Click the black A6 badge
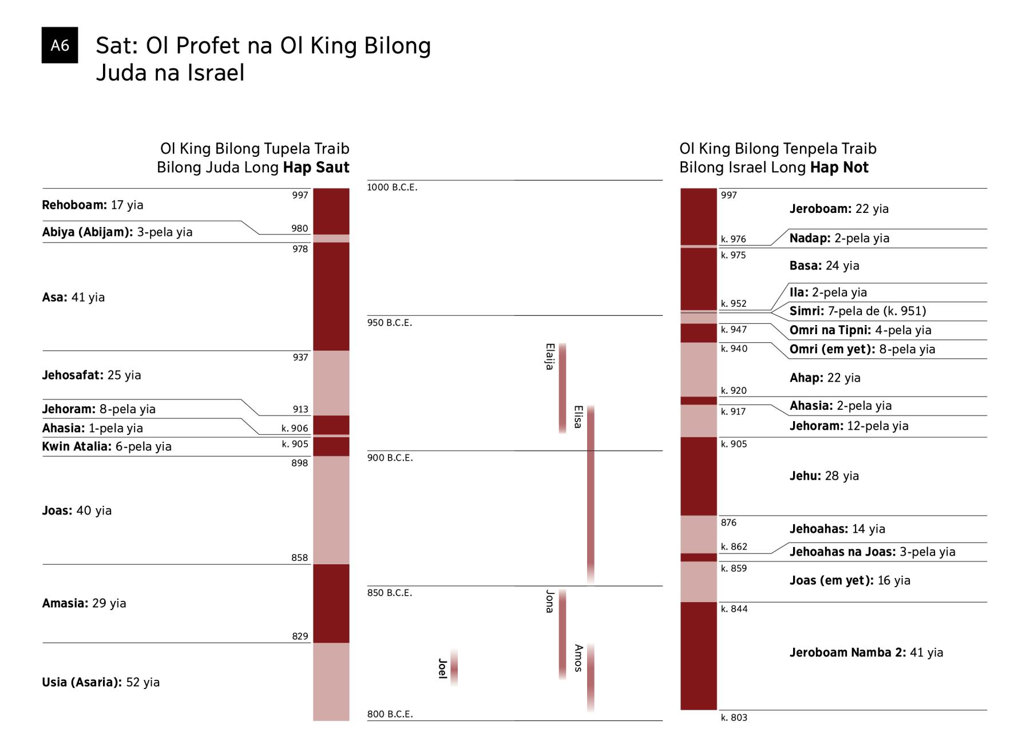[60, 45]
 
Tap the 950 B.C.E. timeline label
[389, 323]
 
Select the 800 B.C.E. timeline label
[389, 714]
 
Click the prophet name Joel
[442, 668]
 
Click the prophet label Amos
[578, 658]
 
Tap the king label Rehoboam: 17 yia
[93, 205]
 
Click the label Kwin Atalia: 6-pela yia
[106, 446]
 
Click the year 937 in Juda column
[300, 358]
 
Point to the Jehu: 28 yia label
[824, 476]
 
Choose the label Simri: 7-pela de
[857, 311]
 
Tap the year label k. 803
[734, 718]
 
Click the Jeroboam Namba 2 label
[866, 652]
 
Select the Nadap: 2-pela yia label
[839, 238]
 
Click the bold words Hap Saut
[316, 168]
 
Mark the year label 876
[728, 523]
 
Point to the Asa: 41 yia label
[73, 297]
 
